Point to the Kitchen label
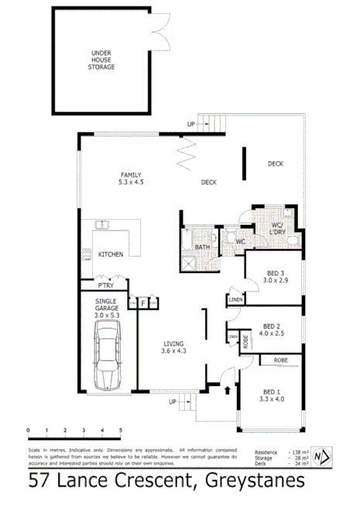pyautogui.click(x=111, y=254)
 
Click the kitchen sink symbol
pyautogui.click(x=101, y=226)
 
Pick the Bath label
pyautogui.click(x=203, y=247)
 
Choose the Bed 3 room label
pyautogui.click(x=276, y=277)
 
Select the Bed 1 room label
pyautogui.click(x=272, y=395)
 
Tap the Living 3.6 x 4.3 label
pyautogui.click(x=175, y=348)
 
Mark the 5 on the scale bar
pyautogui.click(x=121, y=429)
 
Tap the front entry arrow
pyautogui.click(x=226, y=391)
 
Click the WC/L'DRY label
pyautogui.click(x=278, y=229)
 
